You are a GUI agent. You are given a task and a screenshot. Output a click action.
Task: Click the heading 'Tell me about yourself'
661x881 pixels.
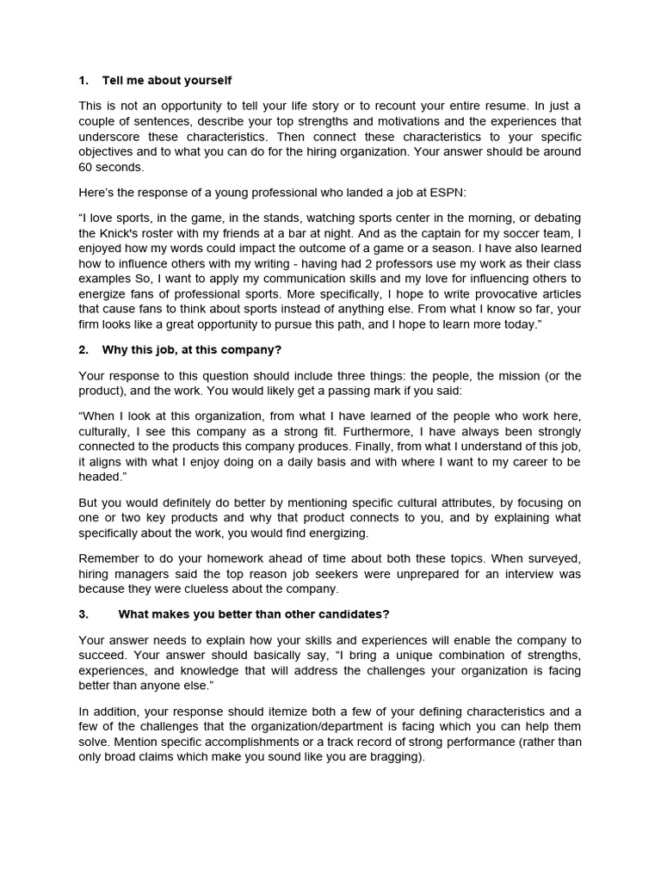(x=166, y=80)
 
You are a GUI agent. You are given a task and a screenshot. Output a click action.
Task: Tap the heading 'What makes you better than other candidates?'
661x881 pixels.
(x=254, y=613)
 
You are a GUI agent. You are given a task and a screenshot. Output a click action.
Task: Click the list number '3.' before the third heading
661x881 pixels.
(x=83, y=613)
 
